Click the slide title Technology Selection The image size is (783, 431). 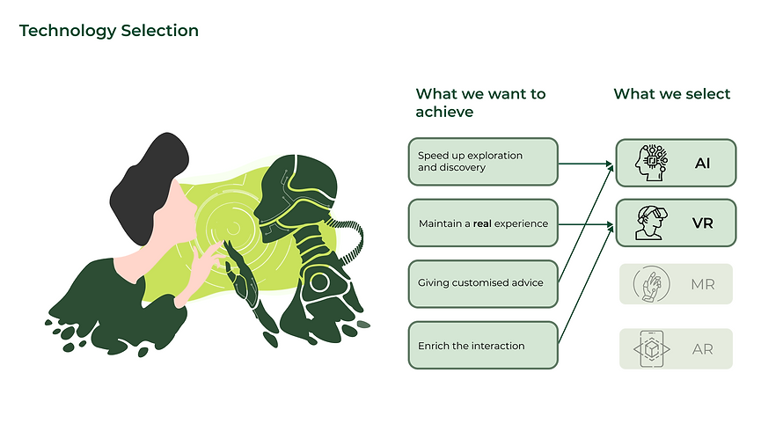click(x=109, y=31)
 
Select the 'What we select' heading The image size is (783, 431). click(x=671, y=94)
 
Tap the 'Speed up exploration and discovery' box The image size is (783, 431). click(x=483, y=162)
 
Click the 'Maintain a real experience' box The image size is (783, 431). click(x=483, y=223)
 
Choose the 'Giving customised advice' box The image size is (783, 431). click(x=483, y=284)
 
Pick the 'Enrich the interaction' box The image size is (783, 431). click(x=483, y=345)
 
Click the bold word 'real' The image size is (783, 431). click(x=482, y=223)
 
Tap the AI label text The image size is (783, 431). click(x=702, y=164)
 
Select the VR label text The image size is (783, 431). click(x=703, y=223)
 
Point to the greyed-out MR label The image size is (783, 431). click(x=703, y=285)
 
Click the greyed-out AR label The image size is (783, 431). click(x=703, y=349)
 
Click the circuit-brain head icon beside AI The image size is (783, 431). click(x=651, y=163)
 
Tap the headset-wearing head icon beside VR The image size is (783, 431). click(x=651, y=223)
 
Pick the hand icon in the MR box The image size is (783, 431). click(x=651, y=284)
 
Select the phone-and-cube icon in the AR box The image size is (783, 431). click(x=652, y=349)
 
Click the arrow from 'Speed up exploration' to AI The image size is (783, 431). click(x=586, y=164)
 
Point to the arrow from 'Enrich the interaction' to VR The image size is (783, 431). click(x=586, y=284)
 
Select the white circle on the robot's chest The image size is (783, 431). click(x=318, y=282)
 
